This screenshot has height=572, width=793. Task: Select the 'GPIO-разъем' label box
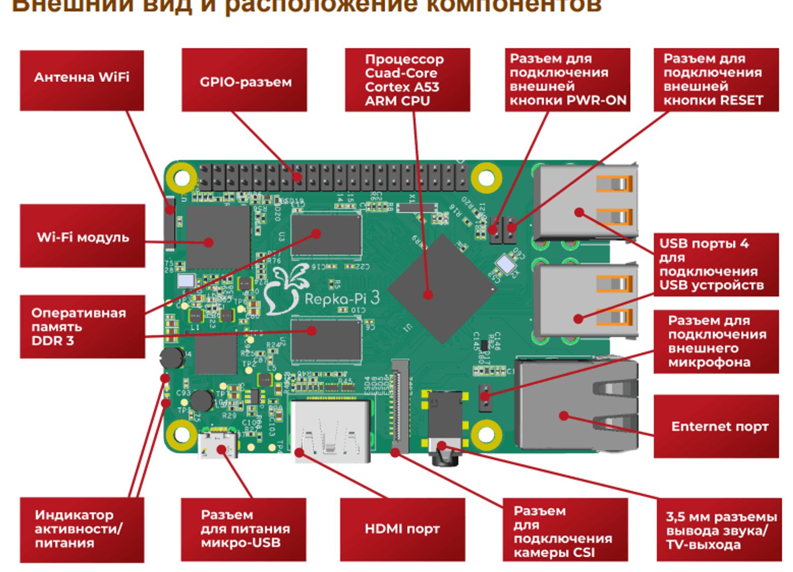click(244, 80)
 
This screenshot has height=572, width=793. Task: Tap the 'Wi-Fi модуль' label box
click(82, 236)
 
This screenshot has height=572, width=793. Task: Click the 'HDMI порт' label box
click(402, 529)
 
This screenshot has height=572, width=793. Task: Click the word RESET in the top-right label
click(739, 100)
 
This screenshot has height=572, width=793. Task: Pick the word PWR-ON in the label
click(601, 100)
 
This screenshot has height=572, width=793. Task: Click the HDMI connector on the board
click(331, 430)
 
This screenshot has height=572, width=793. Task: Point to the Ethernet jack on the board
click(575, 405)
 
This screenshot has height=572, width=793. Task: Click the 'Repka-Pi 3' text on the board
click(342, 298)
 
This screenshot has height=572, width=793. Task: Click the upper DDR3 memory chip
click(326, 237)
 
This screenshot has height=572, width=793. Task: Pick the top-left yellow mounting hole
click(182, 178)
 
